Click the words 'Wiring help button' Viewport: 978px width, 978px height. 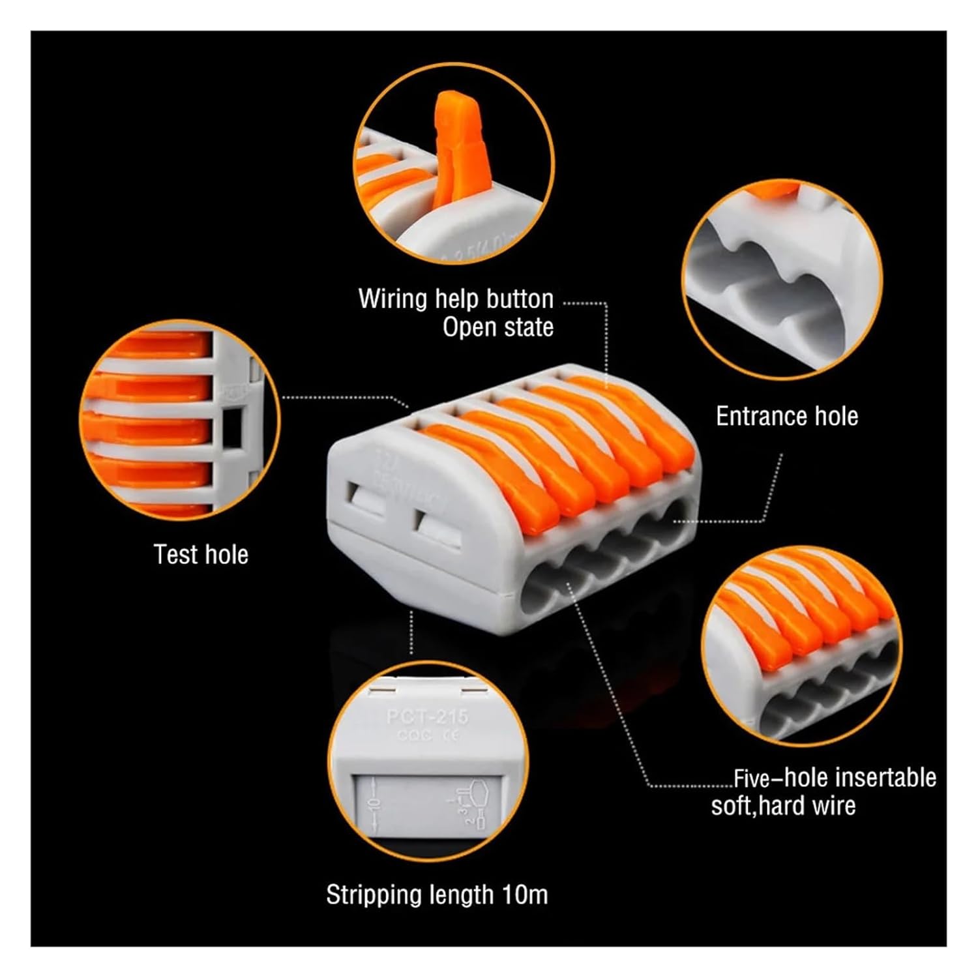[456, 299]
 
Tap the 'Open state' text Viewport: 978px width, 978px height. [498, 327]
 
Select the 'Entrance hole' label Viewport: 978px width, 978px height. [787, 416]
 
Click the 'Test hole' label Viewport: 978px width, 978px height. [201, 555]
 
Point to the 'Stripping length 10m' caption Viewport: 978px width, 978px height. [437, 895]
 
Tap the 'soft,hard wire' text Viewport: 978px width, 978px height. [783, 807]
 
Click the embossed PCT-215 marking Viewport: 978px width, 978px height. [427, 717]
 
